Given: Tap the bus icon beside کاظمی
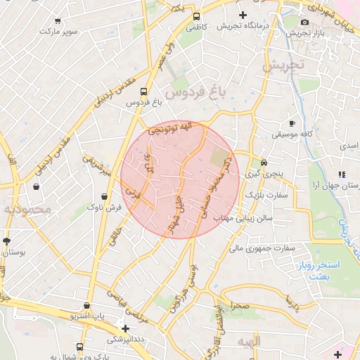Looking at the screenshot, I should (196, 17).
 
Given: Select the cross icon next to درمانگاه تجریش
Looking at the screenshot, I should (243, 15).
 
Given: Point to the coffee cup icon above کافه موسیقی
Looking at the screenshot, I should (292, 123).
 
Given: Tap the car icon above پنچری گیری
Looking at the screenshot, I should (264, 160).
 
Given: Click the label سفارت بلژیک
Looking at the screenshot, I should (264, 194).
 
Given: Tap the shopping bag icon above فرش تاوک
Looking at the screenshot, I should (104, 196).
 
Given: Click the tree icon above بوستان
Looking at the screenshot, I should (6, 241).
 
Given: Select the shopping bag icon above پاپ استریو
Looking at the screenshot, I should (86, 307).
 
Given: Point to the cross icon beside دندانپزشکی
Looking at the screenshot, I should (125, 328).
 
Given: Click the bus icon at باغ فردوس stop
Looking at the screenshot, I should (143, 91).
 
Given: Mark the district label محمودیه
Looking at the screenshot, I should (26, 210).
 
